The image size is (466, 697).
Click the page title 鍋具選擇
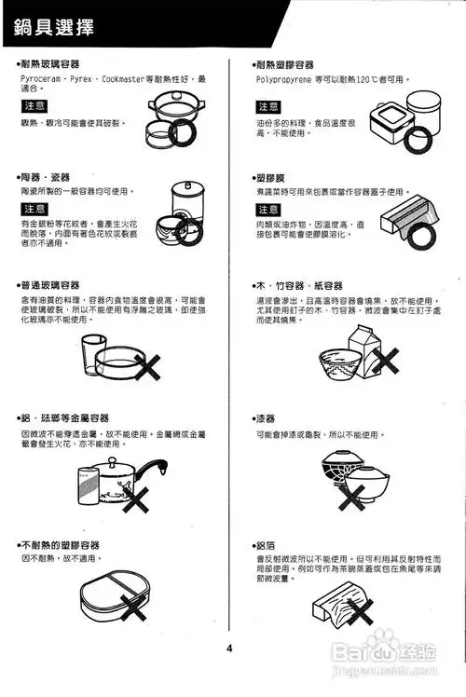pos(54,27)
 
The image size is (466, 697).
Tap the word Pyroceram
pos(38,79)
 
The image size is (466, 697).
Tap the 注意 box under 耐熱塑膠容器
pos(268,105)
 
